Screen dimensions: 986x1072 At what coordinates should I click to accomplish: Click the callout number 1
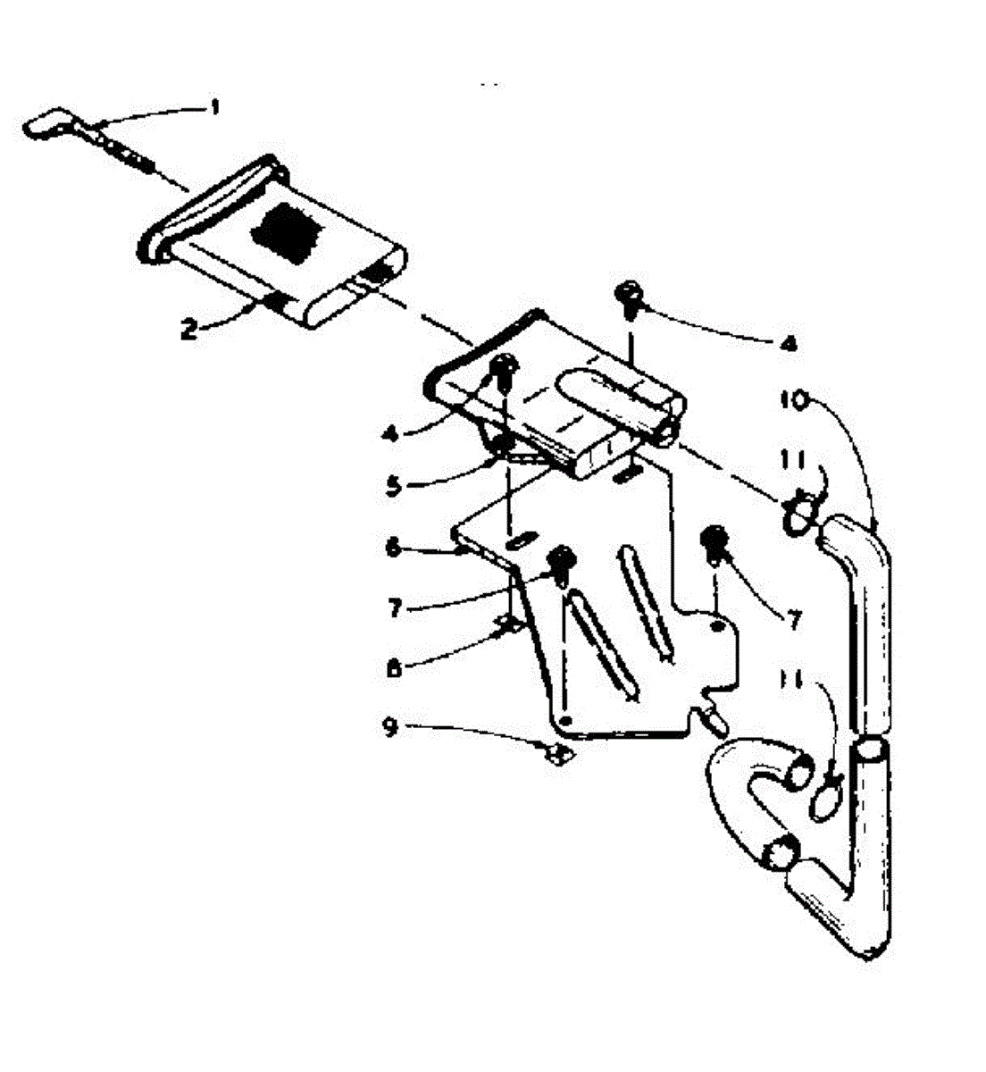point(213,108)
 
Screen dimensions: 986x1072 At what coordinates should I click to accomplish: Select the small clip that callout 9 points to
point(561,757)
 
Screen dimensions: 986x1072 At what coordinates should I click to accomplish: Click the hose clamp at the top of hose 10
point(799,516)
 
